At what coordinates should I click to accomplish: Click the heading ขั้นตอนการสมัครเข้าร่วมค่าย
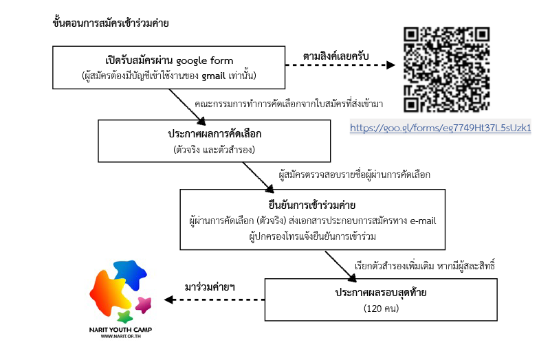pyautogui.click(x=111, y=23)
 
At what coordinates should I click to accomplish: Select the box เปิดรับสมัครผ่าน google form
pyautogui.click(x=168, y=67)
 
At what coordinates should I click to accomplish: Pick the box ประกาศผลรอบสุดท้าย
pyautogui.click(x=371, y=300)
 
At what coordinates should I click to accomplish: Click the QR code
pyautogui.click(x=447, y=69)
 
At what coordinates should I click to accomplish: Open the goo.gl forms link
pyautogui.click(x=441, y=128)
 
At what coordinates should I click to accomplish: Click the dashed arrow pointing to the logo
pyautogui.click(x=213, y=300)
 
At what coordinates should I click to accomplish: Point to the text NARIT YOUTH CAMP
pyautogui.click(x=121, y=330)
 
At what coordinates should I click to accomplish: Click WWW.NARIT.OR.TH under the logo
pyautogui.click(x=121, y=337)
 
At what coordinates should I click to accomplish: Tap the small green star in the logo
pyautogui.click(x=124, y=316)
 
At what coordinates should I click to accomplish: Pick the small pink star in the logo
pyautogui.click(x=144, y=303)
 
